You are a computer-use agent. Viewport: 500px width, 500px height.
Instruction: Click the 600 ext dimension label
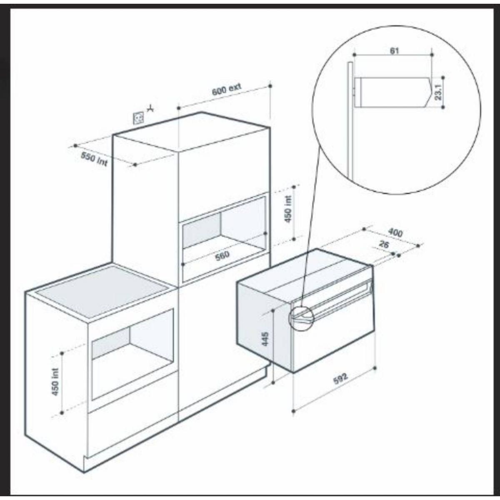pyautogui.click(x=226, y=90)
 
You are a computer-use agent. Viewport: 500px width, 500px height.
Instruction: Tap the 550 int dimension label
pyautogui.click(x=94, y=158)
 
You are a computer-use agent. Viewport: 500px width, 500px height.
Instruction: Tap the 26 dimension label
pyautogui.click(x=384, y=245)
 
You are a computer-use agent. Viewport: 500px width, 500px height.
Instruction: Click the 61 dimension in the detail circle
pyautogui.click(x=394, y=50)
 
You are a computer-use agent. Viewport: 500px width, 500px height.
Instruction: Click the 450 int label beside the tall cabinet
pyautogui.click(x=289, y=209)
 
